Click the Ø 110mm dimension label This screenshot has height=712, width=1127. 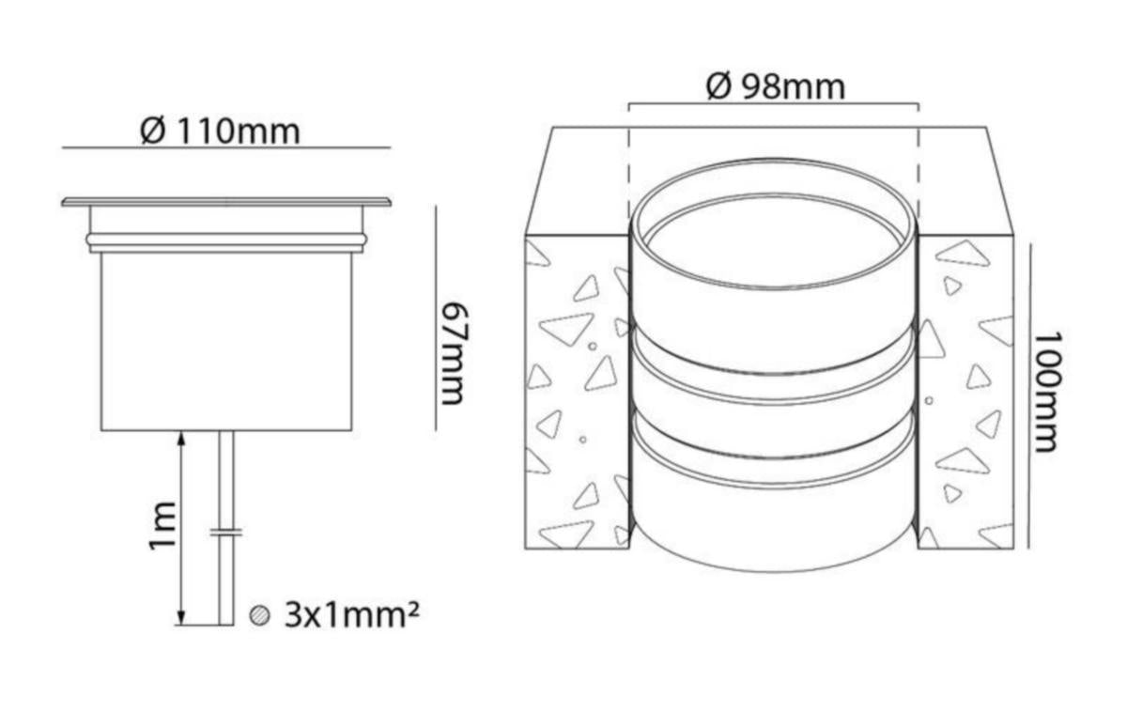220,132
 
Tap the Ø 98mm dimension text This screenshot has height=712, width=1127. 776,87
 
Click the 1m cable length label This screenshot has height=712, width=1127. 162,526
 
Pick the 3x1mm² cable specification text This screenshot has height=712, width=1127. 351,615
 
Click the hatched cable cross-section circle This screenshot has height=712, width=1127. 259,615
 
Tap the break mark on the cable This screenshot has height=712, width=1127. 226,533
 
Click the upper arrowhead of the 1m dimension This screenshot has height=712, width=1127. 182,439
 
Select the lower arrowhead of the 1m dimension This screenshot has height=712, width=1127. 182,617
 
